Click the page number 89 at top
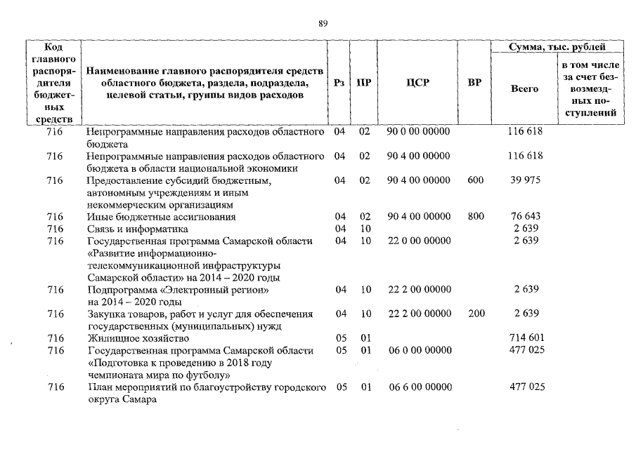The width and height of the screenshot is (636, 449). click(x=323, y=23)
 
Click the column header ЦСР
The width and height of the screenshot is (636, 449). click(x=417, y=82)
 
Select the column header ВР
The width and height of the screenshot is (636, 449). click(x=474, y=82)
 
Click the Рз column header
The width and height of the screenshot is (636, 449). click(x=339, y=82)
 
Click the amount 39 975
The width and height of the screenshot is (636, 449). click(x=525, y=180)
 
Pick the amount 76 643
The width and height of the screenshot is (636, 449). click(x=525, y=217)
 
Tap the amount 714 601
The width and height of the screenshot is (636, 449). click(x=525, y=338)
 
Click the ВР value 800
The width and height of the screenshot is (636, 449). click(x=476, y=217)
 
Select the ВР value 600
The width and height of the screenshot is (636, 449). click(x=476, y=180)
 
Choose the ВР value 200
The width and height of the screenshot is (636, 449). click(x=476, y=314)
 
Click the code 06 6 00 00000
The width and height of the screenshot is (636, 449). click(x=418, y=387)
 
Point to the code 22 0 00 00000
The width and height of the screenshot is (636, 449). click(x=418, y=241)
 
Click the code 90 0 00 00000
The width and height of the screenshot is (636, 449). click(x=418, y=131)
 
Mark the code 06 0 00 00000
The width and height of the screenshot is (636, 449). click(x=418, y=350)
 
